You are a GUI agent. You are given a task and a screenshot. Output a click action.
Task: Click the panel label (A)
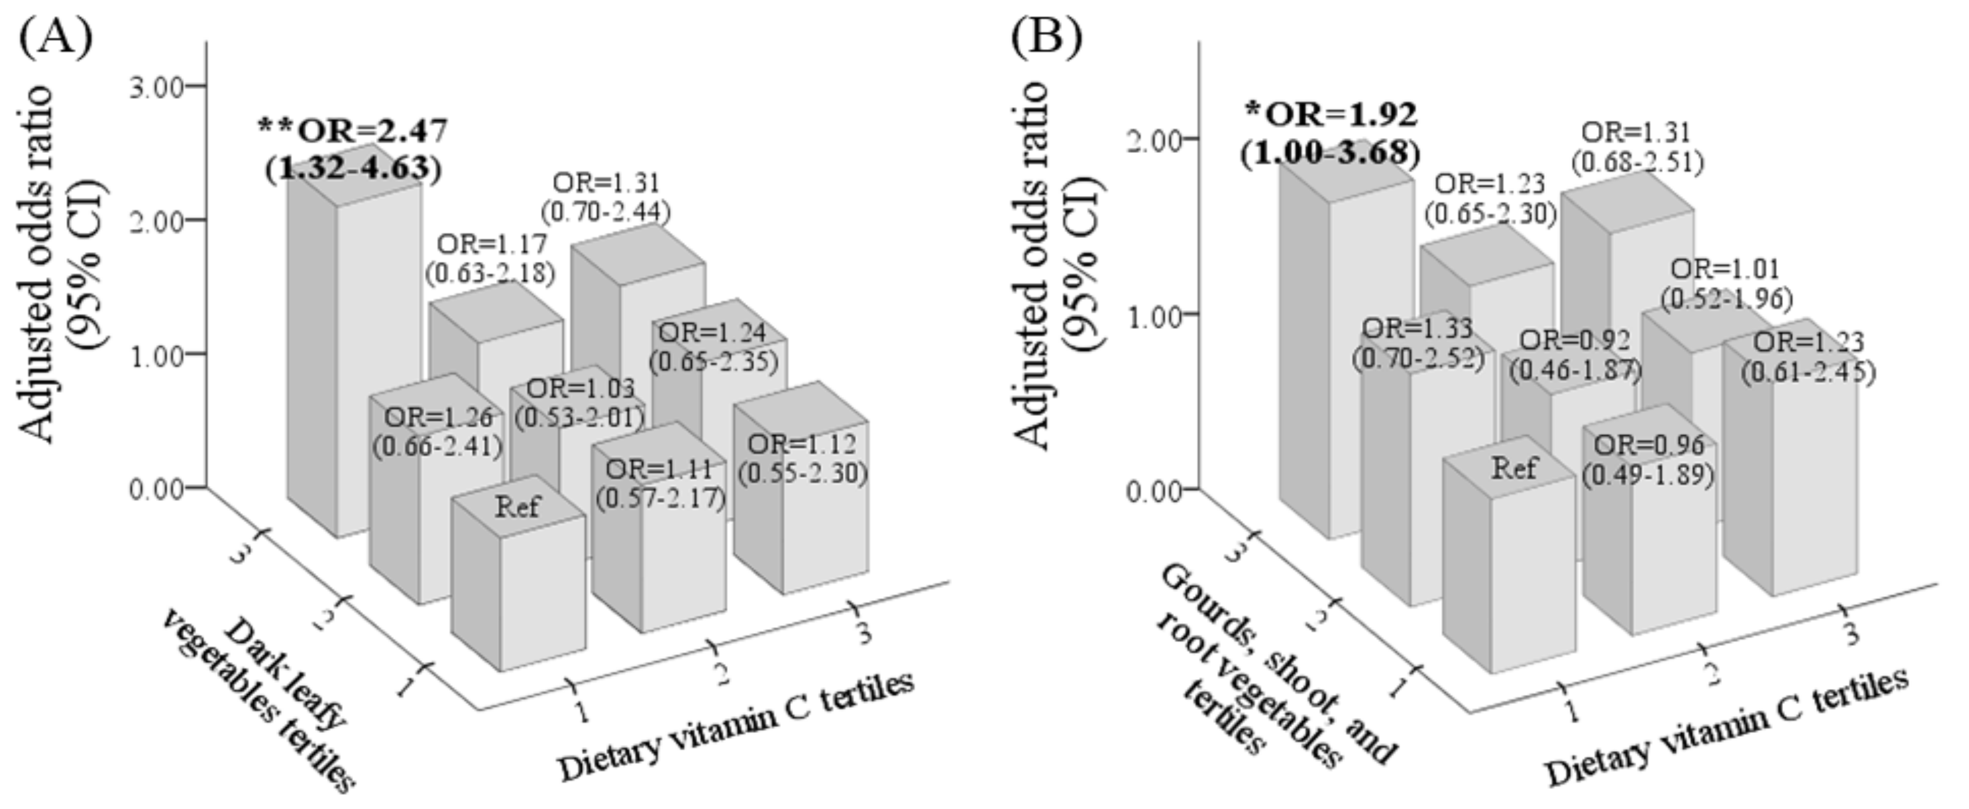tap(56, 38)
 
